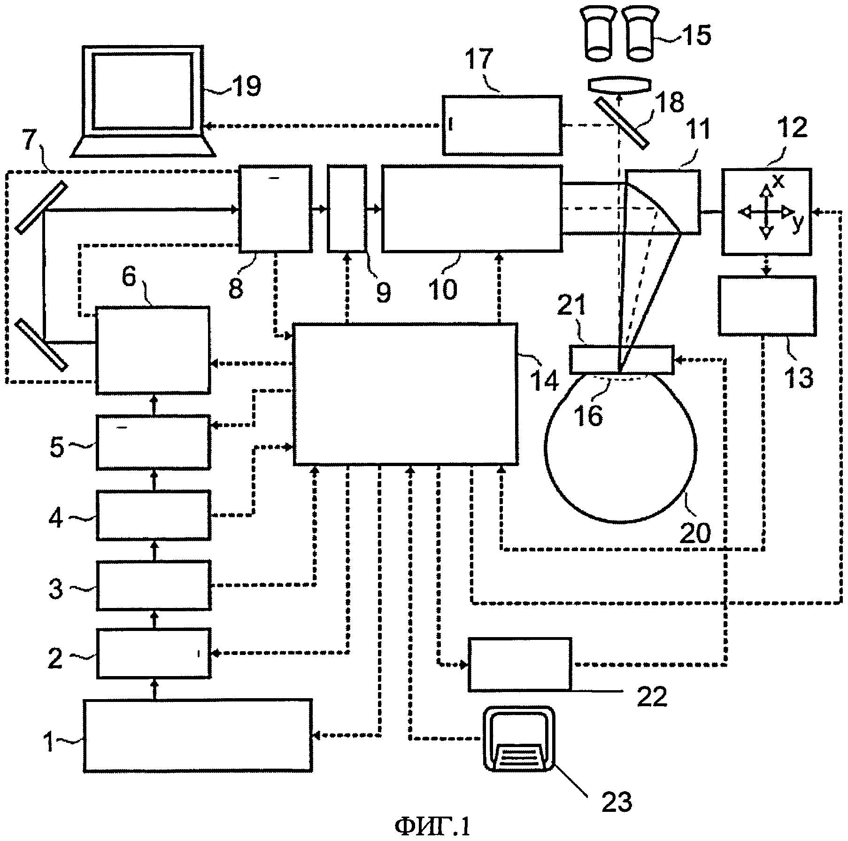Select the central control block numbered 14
click(405, 394)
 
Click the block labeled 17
click(502, 125)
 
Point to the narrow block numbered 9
click(347, 209)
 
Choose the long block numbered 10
click(472, 209)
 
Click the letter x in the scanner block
click(778, 181)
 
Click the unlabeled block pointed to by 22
click(520, 664)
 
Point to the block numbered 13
click(767, 305)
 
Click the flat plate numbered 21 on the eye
click(622, 360)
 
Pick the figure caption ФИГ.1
click(432, 825)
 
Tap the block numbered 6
click(153, 350)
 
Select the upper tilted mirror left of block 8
click(41, 207)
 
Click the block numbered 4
click(153, 515)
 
